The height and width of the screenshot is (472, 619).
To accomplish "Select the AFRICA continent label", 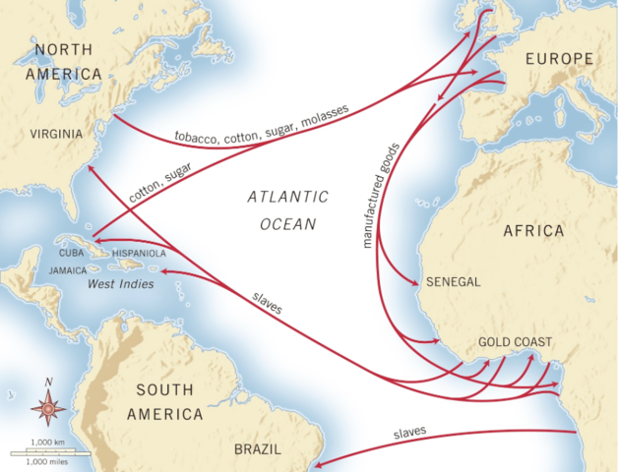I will pos(532,231).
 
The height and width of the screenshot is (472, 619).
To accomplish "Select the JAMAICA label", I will pos(69,268).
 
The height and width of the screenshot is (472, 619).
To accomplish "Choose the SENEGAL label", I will pos(453,281).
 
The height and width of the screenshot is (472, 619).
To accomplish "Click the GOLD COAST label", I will pos(515,342).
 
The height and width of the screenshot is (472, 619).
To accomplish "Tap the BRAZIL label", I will pos(259,448).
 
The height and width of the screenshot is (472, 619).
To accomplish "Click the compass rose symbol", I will pos(46,404).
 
